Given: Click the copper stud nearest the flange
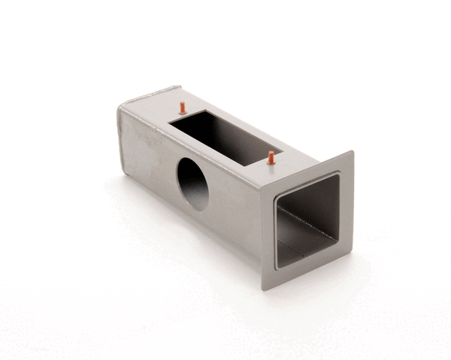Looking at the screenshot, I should click(x=271, y=158).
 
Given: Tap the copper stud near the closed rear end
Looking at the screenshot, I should click(x=182, y=107).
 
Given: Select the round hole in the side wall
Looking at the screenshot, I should click(x=192, y=184).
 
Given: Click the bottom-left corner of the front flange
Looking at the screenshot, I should click(x=265, y=288).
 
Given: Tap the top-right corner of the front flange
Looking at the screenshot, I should click(x=353, y=152).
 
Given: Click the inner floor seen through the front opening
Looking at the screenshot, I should click(x=301, y=241).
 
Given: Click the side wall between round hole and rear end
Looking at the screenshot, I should click(x=150, y=158).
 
